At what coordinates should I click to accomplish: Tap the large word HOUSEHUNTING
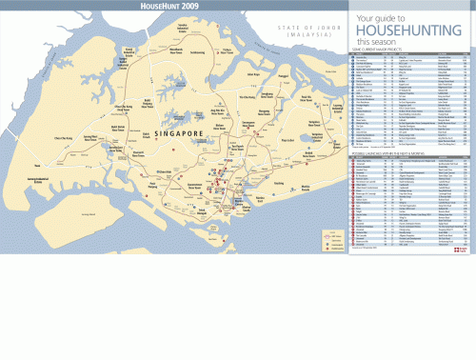click(405, 30)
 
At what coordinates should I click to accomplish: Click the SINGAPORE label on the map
click(176, 134)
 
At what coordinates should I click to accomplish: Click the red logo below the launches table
click(461, 250)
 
